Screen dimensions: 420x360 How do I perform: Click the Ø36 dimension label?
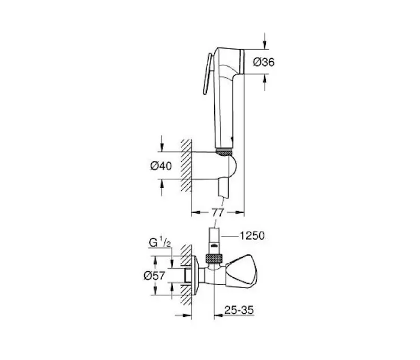263,62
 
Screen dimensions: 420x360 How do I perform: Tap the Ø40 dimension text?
161,166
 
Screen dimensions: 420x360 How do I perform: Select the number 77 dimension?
217,213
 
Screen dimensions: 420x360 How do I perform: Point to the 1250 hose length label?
251,236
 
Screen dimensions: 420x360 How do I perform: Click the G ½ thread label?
160,243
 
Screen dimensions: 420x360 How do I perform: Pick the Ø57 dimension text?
154,275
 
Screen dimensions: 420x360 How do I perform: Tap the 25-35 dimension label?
239,310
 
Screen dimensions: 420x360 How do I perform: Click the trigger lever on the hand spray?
208,74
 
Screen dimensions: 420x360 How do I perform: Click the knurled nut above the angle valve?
214,259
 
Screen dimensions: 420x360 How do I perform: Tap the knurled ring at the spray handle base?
224,153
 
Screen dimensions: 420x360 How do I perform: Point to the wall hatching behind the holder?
186,165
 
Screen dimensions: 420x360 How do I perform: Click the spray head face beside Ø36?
242,61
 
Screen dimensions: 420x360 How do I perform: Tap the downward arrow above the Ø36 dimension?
265,41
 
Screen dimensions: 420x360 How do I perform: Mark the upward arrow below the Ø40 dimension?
161,187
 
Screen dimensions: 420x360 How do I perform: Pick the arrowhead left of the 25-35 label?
219,315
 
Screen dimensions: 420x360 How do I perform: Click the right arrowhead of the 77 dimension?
239,212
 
